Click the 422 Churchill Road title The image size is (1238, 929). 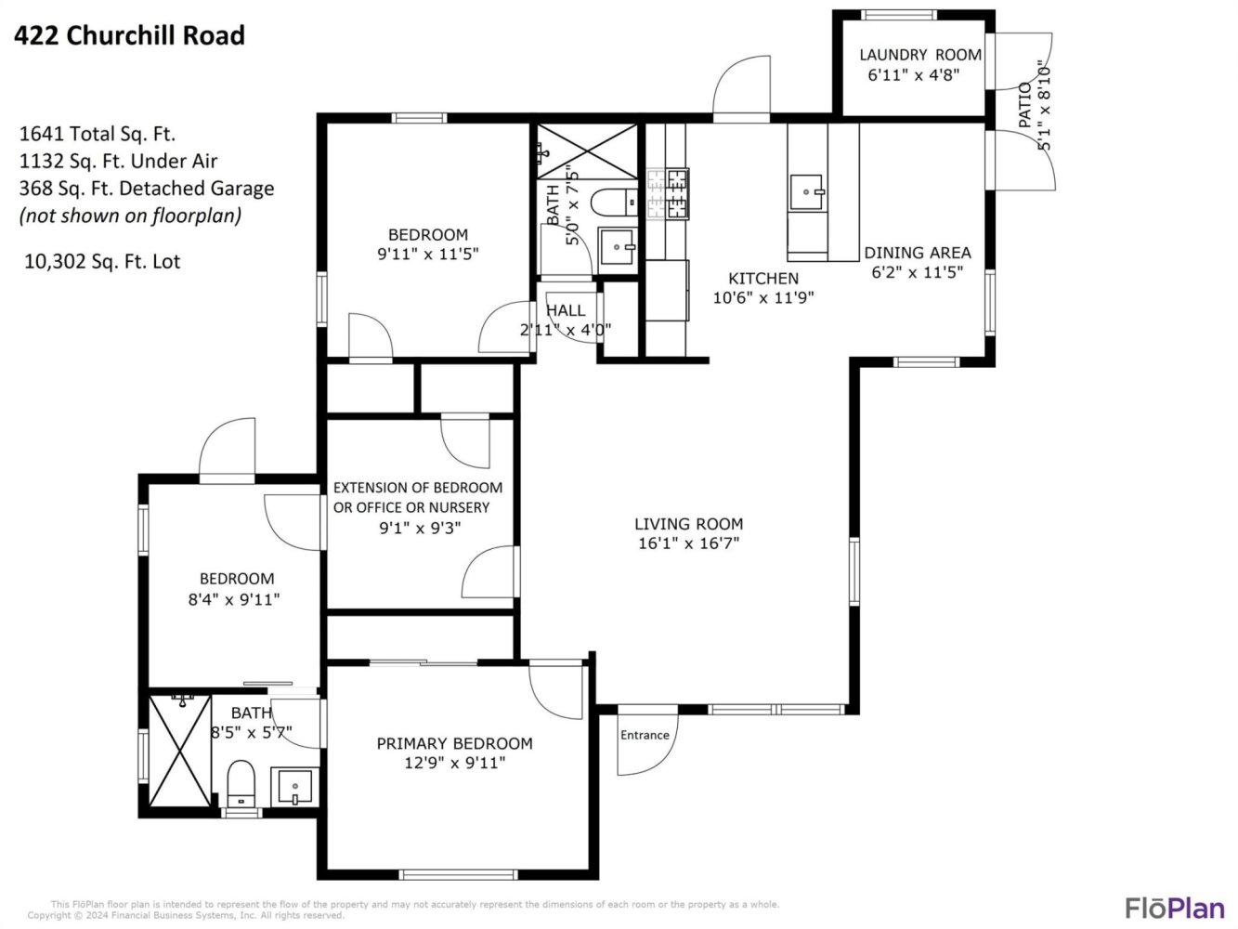(x=129, y=35)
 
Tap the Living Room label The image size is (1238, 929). (x=689, y=524)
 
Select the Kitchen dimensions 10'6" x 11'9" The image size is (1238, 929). (x=763, y=297)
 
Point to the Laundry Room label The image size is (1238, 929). (x=920, y=55)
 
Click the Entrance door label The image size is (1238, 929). (x=645, y=735)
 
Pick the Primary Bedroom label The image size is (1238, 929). (x=454, y=743)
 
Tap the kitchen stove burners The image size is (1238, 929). (x=669, y=193)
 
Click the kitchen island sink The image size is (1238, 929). (x=806, y=191)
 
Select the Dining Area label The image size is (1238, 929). (x=918, y=253)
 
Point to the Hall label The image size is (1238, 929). (x=566, y=310)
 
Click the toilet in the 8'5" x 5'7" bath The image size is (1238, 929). (x=241, y=783)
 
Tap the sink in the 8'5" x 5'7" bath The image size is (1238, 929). (x=294, y=786)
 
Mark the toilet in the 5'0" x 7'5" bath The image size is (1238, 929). (x=614, y=202)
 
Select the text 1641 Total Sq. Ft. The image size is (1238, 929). (x=98, y=135)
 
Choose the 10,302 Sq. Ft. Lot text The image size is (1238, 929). (x=102, y=262)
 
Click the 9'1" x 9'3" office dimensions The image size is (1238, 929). (x=420, y=528)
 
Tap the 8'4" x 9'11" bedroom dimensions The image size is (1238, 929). (x=234, y=599)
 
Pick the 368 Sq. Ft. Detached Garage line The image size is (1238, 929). (x=147, y=189)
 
